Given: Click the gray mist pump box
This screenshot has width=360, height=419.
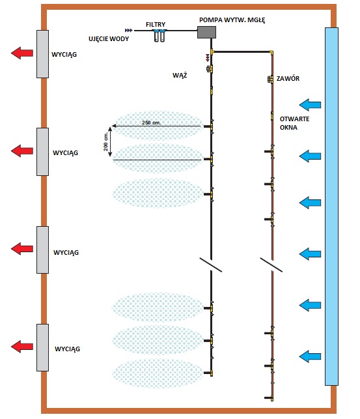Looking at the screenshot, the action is (x=206, y=32).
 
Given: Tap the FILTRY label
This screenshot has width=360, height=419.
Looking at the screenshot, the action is (x=156, y=25).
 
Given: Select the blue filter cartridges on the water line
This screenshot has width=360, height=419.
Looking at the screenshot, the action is (x=159, y=36).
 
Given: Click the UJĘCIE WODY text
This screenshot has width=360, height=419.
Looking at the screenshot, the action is (x=109, y=38).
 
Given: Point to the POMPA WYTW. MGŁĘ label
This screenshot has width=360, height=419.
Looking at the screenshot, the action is (x=232, y=20).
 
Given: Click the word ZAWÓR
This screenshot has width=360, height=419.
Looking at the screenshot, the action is (x=288, y=79).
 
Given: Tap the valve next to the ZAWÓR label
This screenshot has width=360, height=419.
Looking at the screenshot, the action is (x=270, y=79).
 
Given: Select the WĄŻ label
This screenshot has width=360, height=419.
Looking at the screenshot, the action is (x=180, y=75).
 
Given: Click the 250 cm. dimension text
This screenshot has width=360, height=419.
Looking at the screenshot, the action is (x=151, y=123).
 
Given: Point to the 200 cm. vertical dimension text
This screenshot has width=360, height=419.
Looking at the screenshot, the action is (x=106, y=141).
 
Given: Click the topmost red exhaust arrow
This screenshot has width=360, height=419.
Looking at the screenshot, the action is (x=22, y=53).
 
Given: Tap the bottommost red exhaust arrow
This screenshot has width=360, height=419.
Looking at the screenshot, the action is (x=22, y=347).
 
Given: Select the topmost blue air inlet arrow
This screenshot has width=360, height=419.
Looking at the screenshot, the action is (x=310, y=105).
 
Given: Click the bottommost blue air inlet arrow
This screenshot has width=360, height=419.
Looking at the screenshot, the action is (x=310, y=356).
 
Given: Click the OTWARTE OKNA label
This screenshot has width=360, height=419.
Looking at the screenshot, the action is (x=294, y=123).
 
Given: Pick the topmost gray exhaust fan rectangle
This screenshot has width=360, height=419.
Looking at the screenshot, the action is (x=42, y=54).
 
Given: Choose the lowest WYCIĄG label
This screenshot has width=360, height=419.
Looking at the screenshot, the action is (x=67, y=349).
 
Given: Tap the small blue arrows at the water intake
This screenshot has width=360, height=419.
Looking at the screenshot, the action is (x=129, y=31).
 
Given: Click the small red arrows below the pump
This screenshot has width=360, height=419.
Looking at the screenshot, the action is (x=208, y=57).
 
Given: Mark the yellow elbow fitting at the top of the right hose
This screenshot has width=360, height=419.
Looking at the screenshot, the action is (x=271, y=53).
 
